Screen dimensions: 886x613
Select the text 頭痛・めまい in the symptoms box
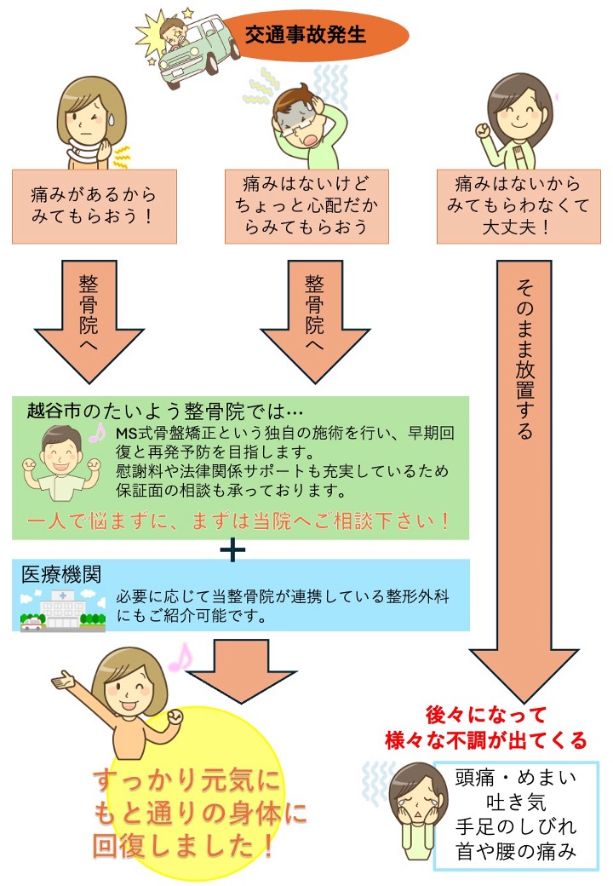click(x=516, y=778)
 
